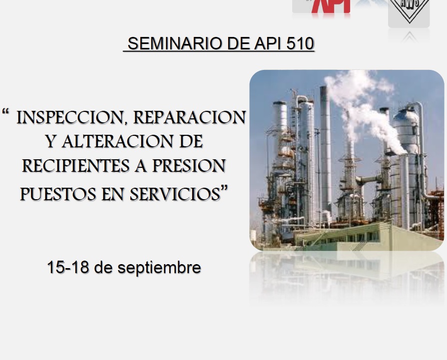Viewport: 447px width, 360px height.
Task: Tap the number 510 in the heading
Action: [x=300, y=44]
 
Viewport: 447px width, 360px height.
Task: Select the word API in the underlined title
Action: [x=268, y=44]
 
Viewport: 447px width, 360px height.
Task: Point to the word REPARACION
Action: [x=189, y=117]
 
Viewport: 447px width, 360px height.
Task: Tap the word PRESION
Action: [x=189, y=166]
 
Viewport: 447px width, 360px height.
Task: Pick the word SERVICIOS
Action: [x=175, y=194]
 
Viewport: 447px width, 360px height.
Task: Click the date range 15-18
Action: [x=68, y=267]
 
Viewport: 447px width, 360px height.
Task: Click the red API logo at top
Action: [x=331, y=6]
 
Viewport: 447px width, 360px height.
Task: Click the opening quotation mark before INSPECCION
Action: [x=5, y=111]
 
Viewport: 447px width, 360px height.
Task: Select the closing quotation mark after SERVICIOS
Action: [x=224, y=188]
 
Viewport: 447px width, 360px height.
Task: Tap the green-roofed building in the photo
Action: [x=368, y=236]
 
